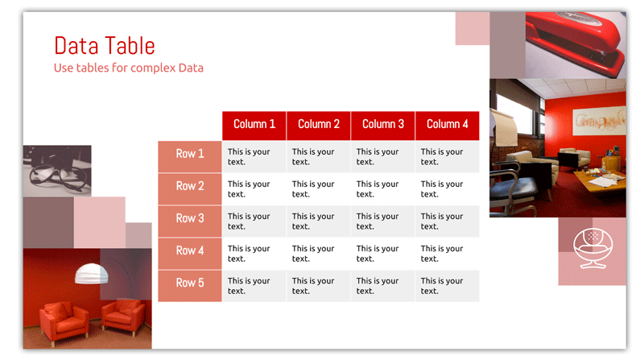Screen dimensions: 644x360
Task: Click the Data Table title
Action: (x=105, y=46)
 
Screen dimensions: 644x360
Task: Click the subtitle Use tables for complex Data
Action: (x=129, y=68)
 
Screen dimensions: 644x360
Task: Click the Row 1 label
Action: (x=190, y=156)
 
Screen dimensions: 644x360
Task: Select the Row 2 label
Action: (x=190, y=189)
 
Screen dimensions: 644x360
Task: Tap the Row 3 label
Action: (x=190, y=221)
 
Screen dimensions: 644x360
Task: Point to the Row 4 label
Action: (x=190, y=254)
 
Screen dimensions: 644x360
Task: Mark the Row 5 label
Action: (x=190, y=286)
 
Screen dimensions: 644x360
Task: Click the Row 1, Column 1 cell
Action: (x=254, y=156)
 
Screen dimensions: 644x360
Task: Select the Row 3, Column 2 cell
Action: (x=319, y=221)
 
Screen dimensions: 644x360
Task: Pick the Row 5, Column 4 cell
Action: (x=448, y=286)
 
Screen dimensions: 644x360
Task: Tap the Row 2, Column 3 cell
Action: (x=383, y=189)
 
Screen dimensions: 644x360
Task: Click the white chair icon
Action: (x=592, y=249)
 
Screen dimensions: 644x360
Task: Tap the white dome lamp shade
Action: (x=92, y=274)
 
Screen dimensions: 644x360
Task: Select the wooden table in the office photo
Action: (x=597, y=181)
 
